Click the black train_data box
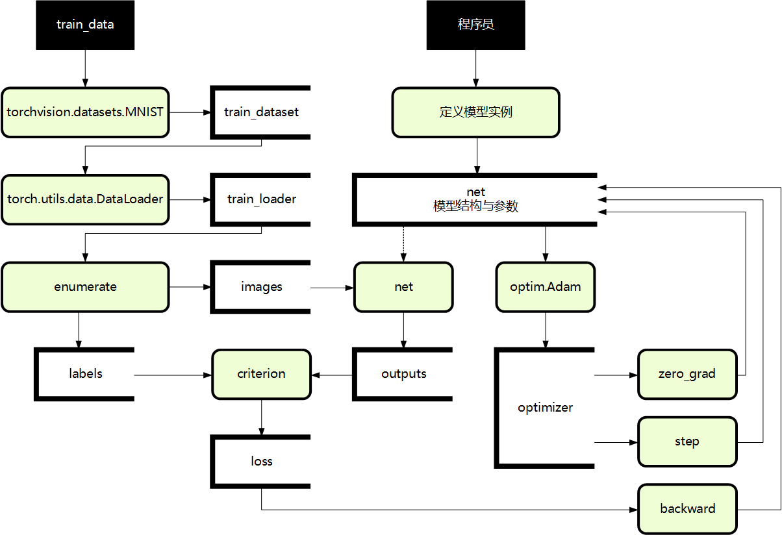pyautogui.click(x=85, y=25)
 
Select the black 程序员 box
pyautogui.click(x=475, y=25)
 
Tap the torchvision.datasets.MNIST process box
pyautogui.click(x=85, y=112)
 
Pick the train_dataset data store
pyautogui.click(x=261, y=112)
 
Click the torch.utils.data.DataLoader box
pyautogui.click(x=85, y=199)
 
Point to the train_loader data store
pyautogui.click(x=261, y=199)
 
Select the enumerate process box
pyautogui.click(x=85, y=286)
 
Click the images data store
pyautogui.click(x=261, y=286)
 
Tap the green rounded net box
pyautogui.click(x=403, y=286)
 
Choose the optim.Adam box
pyautogui.click(x=545, y=286)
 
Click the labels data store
pyautogui.click(x=85, y=374)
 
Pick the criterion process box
pyautogui.click(x=261, y=374)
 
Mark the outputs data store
pyautogui.click(x=403, y=374)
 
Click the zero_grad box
pyautogui.click(x=687, y=374)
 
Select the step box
pyautogui.click(x=687, y=442)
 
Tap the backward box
pyautogui.click(x=687, y=509)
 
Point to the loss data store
pyautogui.click(x=261, y=461)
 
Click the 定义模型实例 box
pyautogui.click(x=475, y=112)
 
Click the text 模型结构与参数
pyautogui.click(x=475, y=207)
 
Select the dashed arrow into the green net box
pyautogui.click(x=403, y=243)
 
